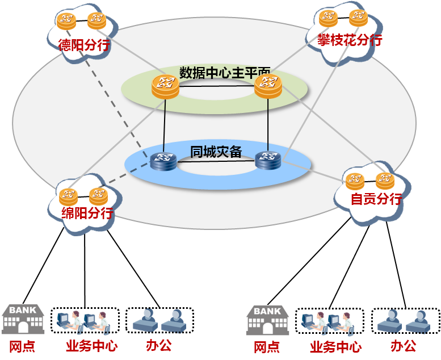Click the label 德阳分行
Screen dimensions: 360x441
pos(84,45)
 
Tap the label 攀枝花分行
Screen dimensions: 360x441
pos(350,40)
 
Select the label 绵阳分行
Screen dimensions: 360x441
pos(87,213)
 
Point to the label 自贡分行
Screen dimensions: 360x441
pos(376,199)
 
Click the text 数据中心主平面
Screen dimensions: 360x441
pos(225,73)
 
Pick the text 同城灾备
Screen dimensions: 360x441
pos(216,152)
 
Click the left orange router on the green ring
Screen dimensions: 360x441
pos(165,86)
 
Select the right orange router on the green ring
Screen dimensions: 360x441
pos(268,86)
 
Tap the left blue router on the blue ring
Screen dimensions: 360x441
pos(164,161)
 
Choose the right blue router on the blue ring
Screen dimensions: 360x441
pos(268,160)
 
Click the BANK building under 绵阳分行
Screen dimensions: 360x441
pos(23,319)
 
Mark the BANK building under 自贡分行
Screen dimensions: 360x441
pos(267,320)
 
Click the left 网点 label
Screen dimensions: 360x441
pos(22,346)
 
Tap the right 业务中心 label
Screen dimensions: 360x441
pos(335,346)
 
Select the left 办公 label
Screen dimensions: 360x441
pos(158,345)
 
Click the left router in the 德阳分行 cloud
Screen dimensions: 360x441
pos(66,22)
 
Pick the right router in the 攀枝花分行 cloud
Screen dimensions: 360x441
pos(359,18)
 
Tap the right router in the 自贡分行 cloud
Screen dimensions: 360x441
pos(385,181)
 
